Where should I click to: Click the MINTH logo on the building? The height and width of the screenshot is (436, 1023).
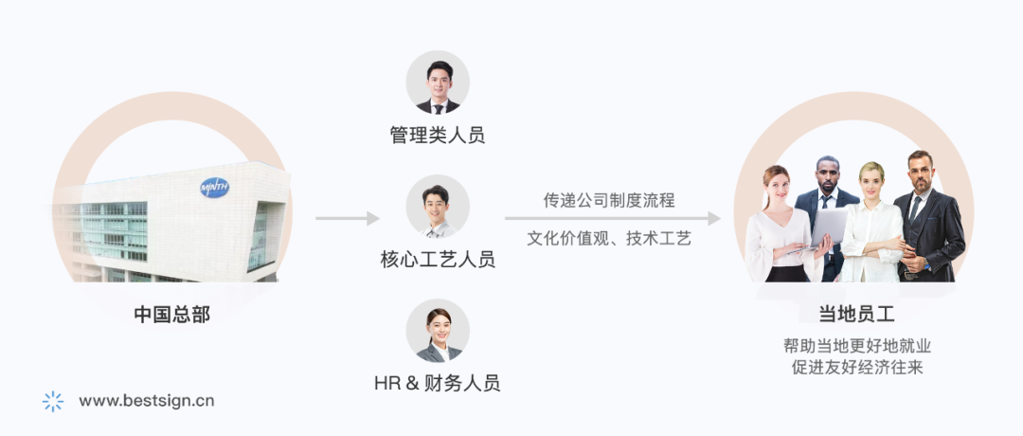[x=215, y=187]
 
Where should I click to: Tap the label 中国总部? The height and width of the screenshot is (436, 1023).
[x=172, y=314]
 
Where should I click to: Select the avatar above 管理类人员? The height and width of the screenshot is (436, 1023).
[x=438, y=82]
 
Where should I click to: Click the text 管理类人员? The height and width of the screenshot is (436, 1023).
[x=438, y=135]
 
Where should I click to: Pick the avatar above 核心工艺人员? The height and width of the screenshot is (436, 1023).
[x=438, y=206]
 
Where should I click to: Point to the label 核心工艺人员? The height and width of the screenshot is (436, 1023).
[x=438, y=259]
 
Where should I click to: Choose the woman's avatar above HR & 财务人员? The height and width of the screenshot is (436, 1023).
[x=438, y=330]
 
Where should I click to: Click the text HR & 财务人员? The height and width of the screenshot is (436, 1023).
[x=438, y=383]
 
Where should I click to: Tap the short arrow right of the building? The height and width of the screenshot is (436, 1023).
[x=347, y=219]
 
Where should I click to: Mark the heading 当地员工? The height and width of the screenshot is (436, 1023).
[x=857, y=314]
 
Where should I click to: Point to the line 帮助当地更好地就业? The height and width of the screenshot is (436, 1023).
[x=857, y=346]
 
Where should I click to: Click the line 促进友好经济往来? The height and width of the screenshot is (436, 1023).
[x=857, y=368]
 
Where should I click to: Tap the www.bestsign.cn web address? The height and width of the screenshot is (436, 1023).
[x=147, y=400]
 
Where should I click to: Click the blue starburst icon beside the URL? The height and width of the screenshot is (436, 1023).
[x=53, y=401]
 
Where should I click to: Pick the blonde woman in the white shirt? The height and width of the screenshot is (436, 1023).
[x=872, y=223]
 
